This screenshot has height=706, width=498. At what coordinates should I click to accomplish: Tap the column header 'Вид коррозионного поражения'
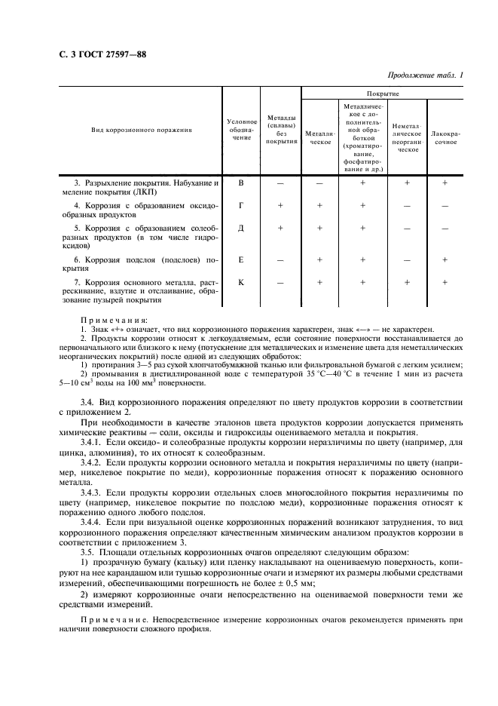pyautogui.click(x=142, y=130)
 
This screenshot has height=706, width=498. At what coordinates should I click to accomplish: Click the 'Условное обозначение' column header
pyautogui.click(x=241, y=130)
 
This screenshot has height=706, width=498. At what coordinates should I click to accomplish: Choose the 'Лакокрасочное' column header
pyautogui.click(x=445, y=137)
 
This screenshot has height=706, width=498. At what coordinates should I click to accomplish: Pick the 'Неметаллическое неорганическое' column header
pyautogui.click(x=408, y=137)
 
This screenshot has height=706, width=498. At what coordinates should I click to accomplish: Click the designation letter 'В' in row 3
pyautogui.click(x=241, y=183)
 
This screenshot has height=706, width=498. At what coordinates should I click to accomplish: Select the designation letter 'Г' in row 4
pyautogui.click(x=241, y=205)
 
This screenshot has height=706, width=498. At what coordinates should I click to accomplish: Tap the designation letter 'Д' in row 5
pyautogui.click(x=241, y=228)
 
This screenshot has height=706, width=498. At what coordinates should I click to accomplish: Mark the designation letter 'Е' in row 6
pyautogui.click(x=241, y=259)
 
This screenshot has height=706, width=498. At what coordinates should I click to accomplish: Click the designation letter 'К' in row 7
pyautogui.click(x=241, y=282)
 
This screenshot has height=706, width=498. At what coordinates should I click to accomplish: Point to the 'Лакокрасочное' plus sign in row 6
pyautogui.click(x=445, y=259)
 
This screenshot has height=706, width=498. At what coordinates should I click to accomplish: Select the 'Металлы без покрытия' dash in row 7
pyautogui.click(x=280, y=282)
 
